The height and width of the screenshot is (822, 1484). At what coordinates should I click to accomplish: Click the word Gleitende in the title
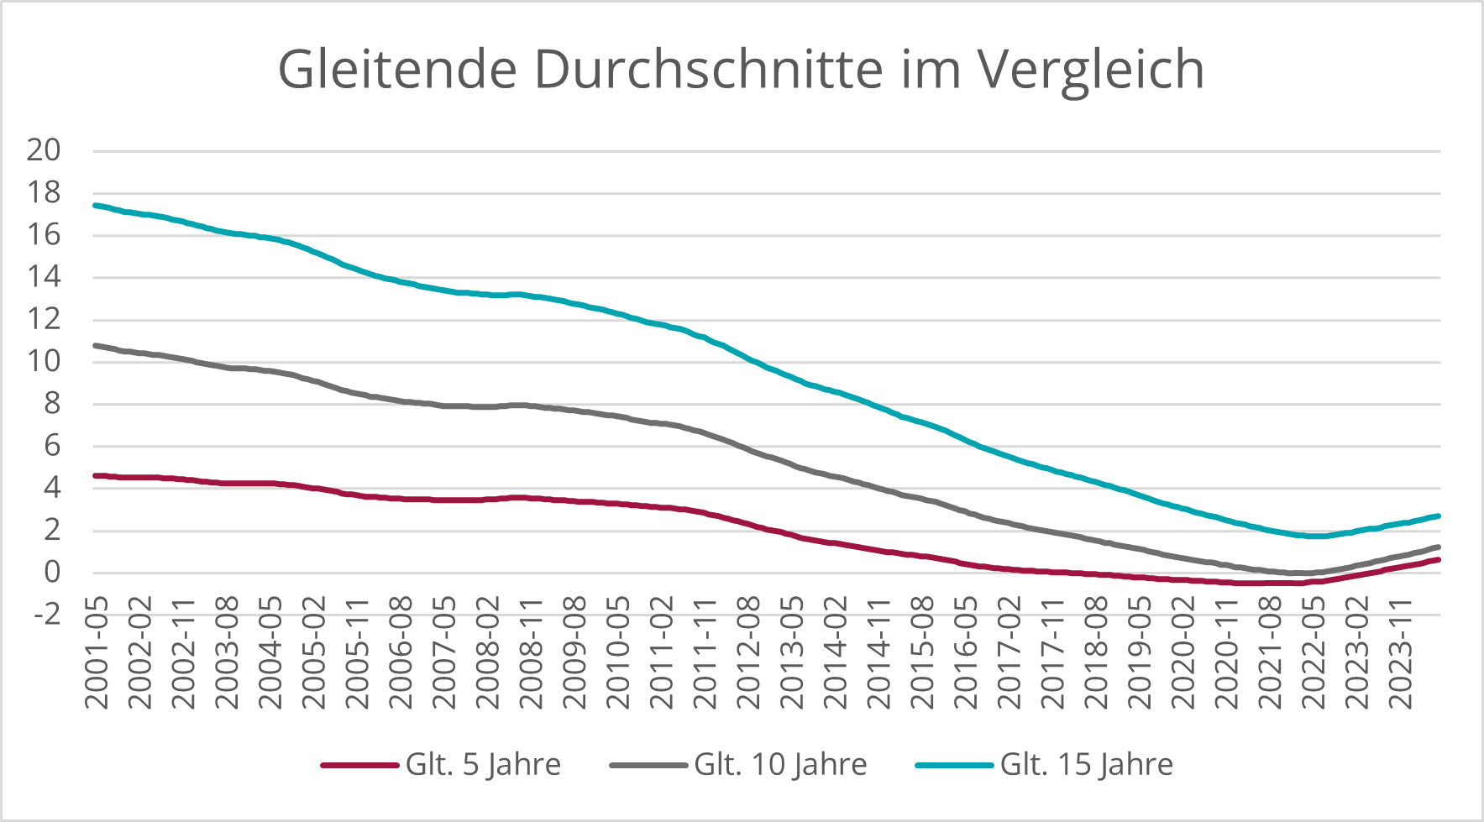397,69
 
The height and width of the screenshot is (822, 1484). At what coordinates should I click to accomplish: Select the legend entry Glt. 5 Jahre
482,765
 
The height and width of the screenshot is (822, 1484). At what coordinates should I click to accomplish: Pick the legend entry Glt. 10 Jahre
779,765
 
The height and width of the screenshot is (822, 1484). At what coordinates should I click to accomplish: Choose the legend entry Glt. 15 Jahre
1086,765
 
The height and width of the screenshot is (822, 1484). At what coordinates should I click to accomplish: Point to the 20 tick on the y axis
44,151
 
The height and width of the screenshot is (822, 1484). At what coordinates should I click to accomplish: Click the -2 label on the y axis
47,615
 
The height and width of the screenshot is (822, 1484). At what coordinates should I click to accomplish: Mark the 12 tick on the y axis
44,320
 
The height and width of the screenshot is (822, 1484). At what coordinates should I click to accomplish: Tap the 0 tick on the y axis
52,573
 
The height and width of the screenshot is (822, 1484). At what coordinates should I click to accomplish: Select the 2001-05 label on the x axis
97,652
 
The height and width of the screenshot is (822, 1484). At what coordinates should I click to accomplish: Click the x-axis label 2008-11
531,652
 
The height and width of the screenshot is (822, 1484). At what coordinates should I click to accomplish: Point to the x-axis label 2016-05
966,652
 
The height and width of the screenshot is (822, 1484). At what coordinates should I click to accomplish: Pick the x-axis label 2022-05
1314,652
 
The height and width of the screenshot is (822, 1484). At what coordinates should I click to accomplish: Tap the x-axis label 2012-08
748,652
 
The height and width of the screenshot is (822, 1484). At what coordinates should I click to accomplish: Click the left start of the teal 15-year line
95,205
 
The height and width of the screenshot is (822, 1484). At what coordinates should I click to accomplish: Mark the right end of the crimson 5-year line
1439,559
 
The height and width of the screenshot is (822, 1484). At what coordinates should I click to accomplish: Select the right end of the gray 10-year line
1439,547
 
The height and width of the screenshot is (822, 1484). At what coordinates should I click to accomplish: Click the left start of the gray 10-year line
95,345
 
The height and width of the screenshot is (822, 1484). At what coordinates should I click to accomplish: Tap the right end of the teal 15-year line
1439,516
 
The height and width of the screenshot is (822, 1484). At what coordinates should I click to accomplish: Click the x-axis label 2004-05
270,652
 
